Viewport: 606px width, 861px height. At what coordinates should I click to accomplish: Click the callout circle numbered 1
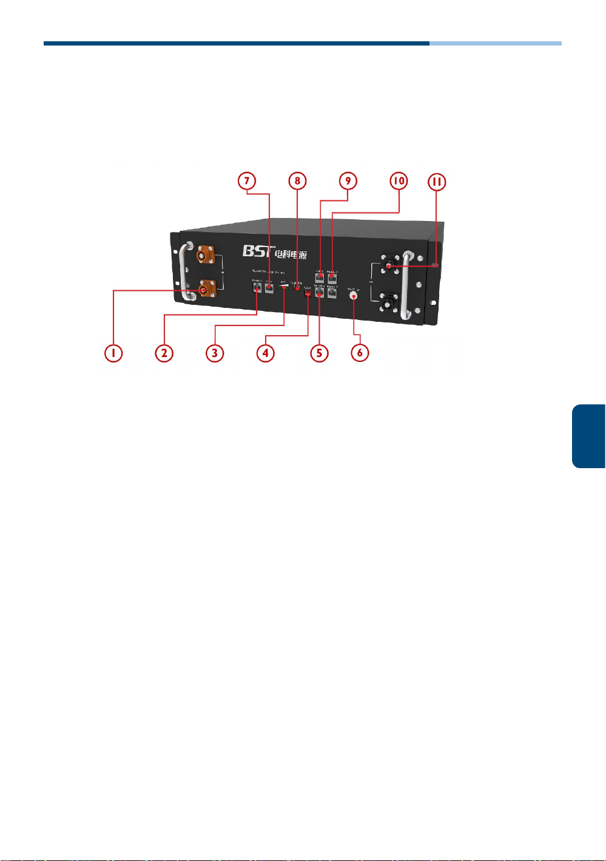tap(113, 353)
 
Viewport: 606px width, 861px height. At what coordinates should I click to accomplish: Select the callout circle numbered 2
tap(164, 353)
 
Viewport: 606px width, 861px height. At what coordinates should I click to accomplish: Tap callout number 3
tap(214, 353)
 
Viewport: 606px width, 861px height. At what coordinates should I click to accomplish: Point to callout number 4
tap(265, 353)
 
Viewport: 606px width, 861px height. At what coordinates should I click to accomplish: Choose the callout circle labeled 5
tap(319, 353)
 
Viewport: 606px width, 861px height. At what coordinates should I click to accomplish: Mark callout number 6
tap(360, 353)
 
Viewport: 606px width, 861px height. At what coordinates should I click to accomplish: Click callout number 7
tap(247, 181)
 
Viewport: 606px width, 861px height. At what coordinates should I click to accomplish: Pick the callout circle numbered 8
tap(297, 181)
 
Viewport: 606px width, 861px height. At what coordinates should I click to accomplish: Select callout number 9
tap(348, 181)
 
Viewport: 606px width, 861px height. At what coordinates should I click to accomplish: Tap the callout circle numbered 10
tap(399, 181)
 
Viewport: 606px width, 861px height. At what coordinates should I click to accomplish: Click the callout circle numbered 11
tap(437, 182)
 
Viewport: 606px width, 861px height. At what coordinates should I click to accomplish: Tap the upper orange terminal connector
tap(206, 256)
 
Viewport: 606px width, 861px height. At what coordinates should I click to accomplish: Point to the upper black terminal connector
tap(389, 265)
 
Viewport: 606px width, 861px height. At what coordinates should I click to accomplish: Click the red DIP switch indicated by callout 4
tap(308, 294)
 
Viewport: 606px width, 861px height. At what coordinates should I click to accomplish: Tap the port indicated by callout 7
tap(269, 287)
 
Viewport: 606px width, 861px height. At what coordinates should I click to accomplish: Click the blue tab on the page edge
tap(588, 436)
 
